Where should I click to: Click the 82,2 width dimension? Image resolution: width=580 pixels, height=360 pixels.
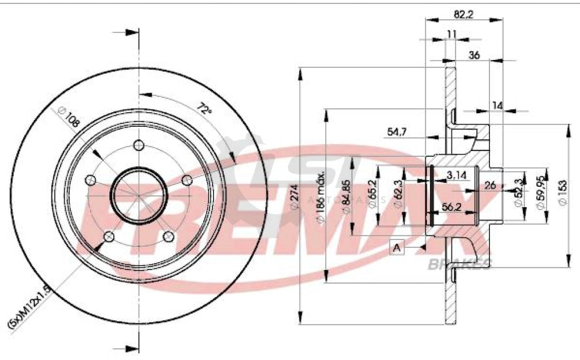point(463,10)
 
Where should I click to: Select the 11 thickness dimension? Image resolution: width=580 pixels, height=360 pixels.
point(451,34)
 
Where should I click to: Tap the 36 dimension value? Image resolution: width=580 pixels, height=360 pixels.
point(475,55)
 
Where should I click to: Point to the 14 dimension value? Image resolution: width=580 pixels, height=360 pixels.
point(497,105)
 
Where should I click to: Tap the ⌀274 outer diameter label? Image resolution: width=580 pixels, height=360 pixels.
point(294,199)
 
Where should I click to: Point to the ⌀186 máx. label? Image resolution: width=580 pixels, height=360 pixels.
point(321,195)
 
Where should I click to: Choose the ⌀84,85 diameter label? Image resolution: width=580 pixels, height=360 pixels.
point(346,195)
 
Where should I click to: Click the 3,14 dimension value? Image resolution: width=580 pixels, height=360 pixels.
point(456,176)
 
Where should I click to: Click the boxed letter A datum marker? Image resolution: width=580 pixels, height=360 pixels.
point(396,247)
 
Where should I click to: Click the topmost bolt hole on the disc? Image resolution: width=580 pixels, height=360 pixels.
point(138,145)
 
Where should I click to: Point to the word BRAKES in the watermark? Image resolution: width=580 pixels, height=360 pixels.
point(460,263)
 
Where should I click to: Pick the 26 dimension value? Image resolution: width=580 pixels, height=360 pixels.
point(491,185)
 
